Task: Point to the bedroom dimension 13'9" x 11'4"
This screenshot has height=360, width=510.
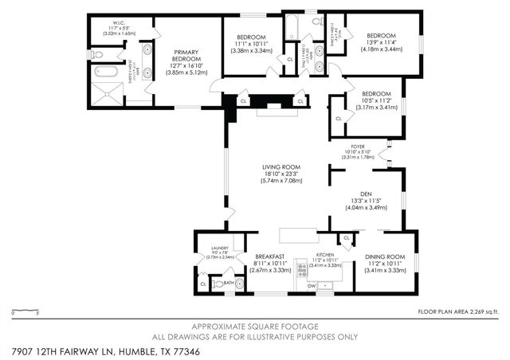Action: tap(381, 43)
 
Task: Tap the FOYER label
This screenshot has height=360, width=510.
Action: tap(357, 147)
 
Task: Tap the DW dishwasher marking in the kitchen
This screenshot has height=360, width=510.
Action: tap(312, 284)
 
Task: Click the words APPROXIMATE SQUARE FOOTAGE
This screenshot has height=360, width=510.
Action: tap(254, 327)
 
